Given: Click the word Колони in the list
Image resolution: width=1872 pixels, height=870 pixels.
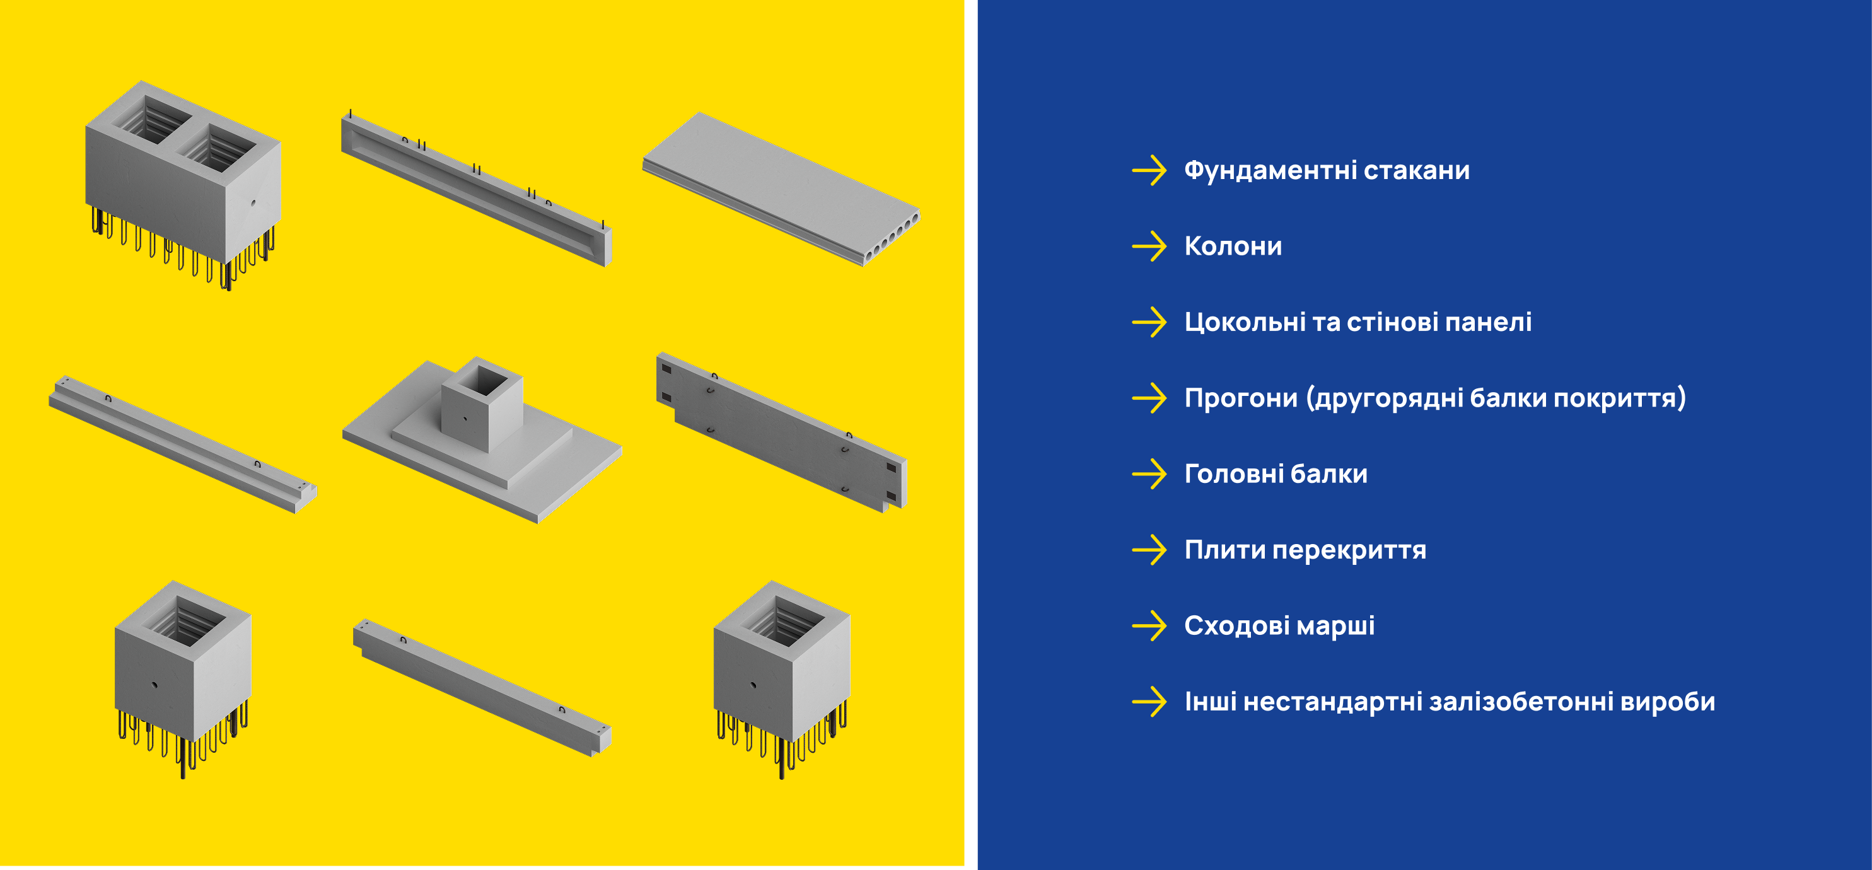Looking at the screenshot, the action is (x=1233, y=246).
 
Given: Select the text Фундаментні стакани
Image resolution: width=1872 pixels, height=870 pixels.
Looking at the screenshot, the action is (x=1327, y=170).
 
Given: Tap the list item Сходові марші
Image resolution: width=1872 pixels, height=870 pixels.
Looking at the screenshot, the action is (x=1279, y=626).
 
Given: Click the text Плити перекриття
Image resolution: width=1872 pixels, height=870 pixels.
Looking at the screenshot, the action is (x=1305, y=550).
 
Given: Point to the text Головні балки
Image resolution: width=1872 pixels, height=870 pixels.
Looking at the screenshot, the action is (x=1276, y=474).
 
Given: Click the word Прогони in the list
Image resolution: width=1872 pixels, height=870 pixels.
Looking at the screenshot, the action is (x=1240, y=398).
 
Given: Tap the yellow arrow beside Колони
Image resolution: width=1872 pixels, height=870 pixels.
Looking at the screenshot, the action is (x=1149, y=246).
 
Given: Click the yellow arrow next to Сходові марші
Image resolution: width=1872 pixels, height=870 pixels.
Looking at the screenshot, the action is (x=1149, y=626).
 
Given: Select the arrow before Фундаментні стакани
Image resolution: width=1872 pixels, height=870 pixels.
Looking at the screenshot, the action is (x=1149, y=170).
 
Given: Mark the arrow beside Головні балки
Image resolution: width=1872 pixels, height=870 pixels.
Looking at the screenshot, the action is (x=1149, y=474).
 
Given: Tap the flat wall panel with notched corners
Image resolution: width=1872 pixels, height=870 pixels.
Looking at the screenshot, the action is (x=781, y=432).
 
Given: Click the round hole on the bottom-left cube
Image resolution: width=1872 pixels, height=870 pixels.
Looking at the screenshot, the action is (x=154, y=685).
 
